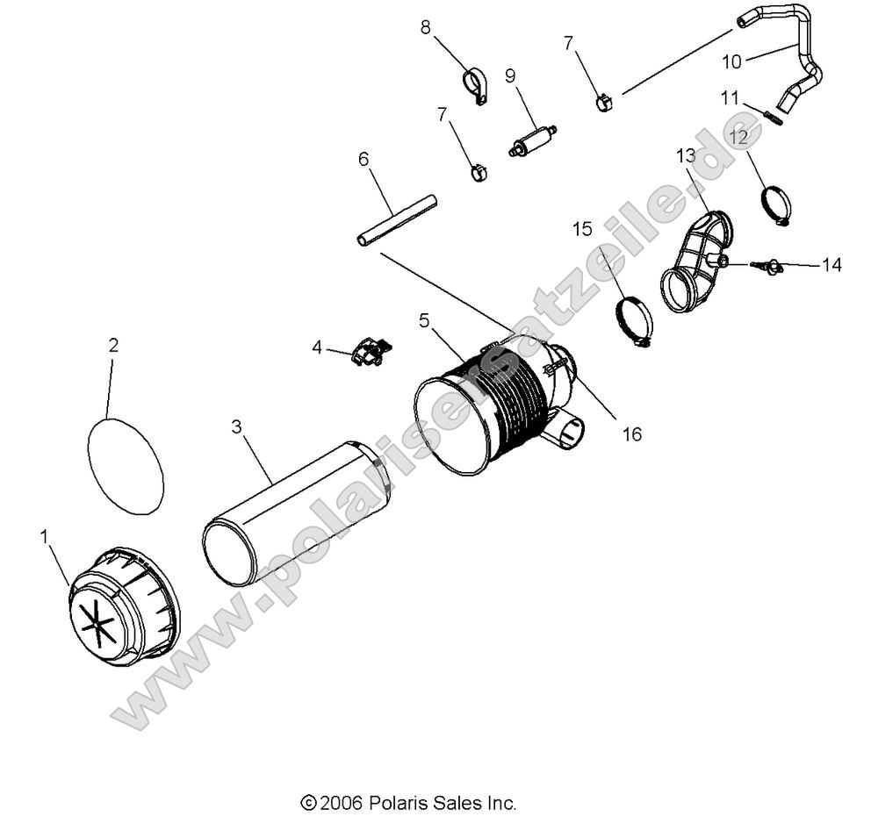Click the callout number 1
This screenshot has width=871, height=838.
(x=44, y=537)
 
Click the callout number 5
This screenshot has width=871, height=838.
(x=425, y=320)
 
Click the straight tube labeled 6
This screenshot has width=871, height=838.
(x=396, y=220)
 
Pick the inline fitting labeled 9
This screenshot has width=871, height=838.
(x=532, y=140)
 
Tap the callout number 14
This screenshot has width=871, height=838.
(x=831, y=264)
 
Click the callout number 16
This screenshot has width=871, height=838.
(x=630, y=433)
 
